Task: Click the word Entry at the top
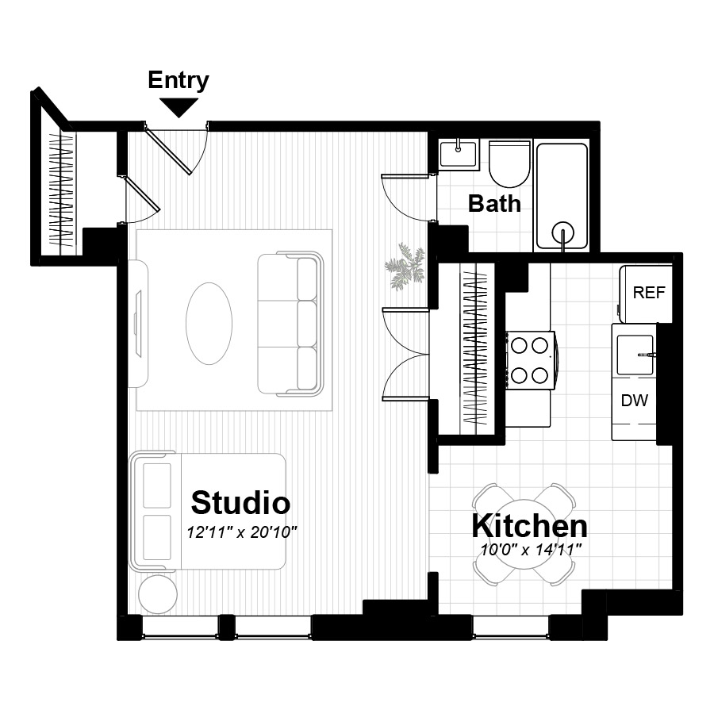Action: pos(178,81)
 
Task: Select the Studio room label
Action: pos(240,503)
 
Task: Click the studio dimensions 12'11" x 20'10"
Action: pos(242,532)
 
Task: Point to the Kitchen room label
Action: pos(529,526)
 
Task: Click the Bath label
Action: pos(494,204)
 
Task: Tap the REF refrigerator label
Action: pos(649,292)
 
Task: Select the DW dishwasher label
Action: pos(635,401)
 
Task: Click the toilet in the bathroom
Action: pos(509,164)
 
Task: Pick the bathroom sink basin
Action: pos(458,154)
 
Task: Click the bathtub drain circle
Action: pos(562,233)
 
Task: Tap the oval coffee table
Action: pos(209,324)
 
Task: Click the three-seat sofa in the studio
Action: pos(290,324)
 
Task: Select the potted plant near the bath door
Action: pos(405,267)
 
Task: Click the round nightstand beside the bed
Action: pos(158,594)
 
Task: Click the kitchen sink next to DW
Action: pos(635,355)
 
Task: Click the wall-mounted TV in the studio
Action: pos(138,324)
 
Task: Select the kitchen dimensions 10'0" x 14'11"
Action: pos(531,550)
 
